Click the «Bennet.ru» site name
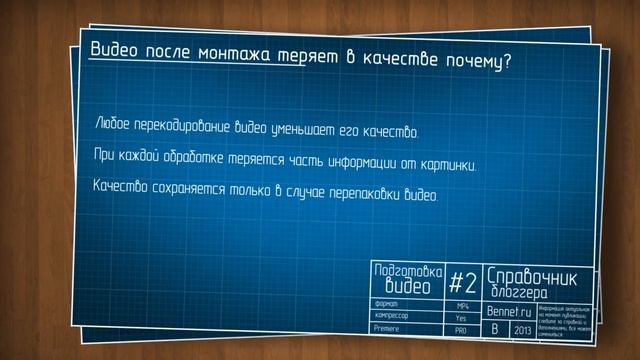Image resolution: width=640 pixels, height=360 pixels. [x=512, y=311]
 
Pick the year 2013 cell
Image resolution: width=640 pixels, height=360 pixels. [x=521, y=329]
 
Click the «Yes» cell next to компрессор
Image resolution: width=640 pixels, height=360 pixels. [x=461, y=317]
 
